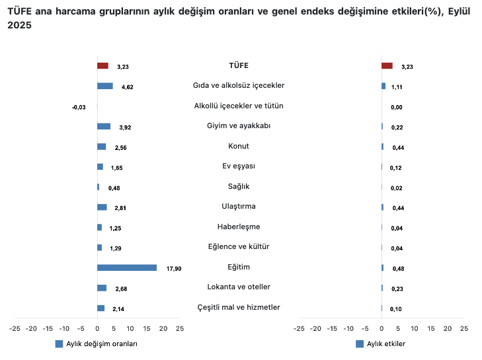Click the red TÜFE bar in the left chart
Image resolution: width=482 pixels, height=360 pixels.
click(102, 66)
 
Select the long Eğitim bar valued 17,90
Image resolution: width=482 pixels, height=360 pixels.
click(127, 268)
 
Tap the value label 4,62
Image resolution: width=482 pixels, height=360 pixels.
click(128, 87)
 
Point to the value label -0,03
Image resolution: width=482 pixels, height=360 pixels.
click(79, 107)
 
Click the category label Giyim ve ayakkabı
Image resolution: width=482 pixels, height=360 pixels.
click(239, 126)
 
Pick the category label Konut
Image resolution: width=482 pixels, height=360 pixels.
click(239, 146)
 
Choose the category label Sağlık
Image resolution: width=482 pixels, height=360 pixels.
click(239, 186)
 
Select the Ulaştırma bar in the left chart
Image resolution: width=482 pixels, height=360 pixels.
click(102, 207)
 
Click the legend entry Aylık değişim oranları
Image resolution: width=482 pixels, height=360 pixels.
click(97, 344)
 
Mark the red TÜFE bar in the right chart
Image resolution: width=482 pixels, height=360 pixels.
click(387, 66)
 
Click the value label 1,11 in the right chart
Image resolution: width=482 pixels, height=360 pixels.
click(397, 87)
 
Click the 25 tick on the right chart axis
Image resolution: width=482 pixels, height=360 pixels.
click(464, 328)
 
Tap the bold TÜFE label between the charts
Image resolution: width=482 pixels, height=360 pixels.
click(239, 65)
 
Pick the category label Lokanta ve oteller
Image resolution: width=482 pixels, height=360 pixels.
click(239, 287)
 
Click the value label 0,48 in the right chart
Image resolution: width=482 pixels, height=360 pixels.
click(397, 268)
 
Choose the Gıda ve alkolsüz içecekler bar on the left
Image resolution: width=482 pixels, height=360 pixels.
click(104, 86)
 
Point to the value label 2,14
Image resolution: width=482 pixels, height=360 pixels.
click(119, 309)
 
